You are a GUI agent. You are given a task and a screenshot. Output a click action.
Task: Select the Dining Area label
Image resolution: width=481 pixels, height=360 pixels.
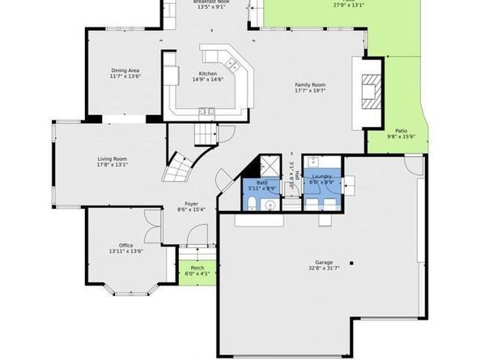point(125,73)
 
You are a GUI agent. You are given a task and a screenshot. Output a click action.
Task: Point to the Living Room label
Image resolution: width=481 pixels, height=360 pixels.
point(113,161)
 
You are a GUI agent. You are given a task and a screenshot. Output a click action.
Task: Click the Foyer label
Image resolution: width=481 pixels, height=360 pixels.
point(192,207)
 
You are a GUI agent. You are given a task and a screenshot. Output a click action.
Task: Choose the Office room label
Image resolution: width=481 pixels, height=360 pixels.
point(125,248)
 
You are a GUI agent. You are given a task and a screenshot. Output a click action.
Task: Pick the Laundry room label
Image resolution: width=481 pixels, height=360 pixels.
point(321,180)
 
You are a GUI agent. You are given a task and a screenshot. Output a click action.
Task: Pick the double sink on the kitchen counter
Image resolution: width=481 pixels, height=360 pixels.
point(206,111)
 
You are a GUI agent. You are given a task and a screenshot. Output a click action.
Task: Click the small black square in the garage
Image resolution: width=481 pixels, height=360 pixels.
point(351,262)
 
